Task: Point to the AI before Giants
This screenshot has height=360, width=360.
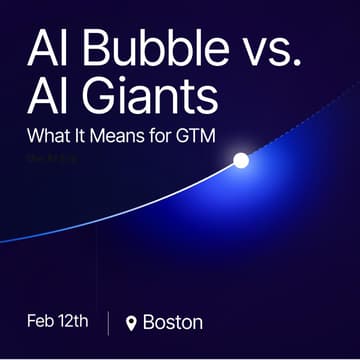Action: point(47,97)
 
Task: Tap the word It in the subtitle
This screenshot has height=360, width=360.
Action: point(80,133)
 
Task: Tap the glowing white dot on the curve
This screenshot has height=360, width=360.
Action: point(241,160)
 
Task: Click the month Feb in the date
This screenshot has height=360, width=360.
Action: point(43,321)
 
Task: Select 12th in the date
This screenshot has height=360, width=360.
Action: point(76,321)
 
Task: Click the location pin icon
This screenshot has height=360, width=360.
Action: point(131,323)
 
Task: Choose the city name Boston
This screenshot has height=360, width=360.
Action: point(173,322)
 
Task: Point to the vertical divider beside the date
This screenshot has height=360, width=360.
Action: point(108,322)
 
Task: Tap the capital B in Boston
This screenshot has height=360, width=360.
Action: point(150,322)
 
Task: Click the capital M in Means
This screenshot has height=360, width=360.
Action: point(103,133)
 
